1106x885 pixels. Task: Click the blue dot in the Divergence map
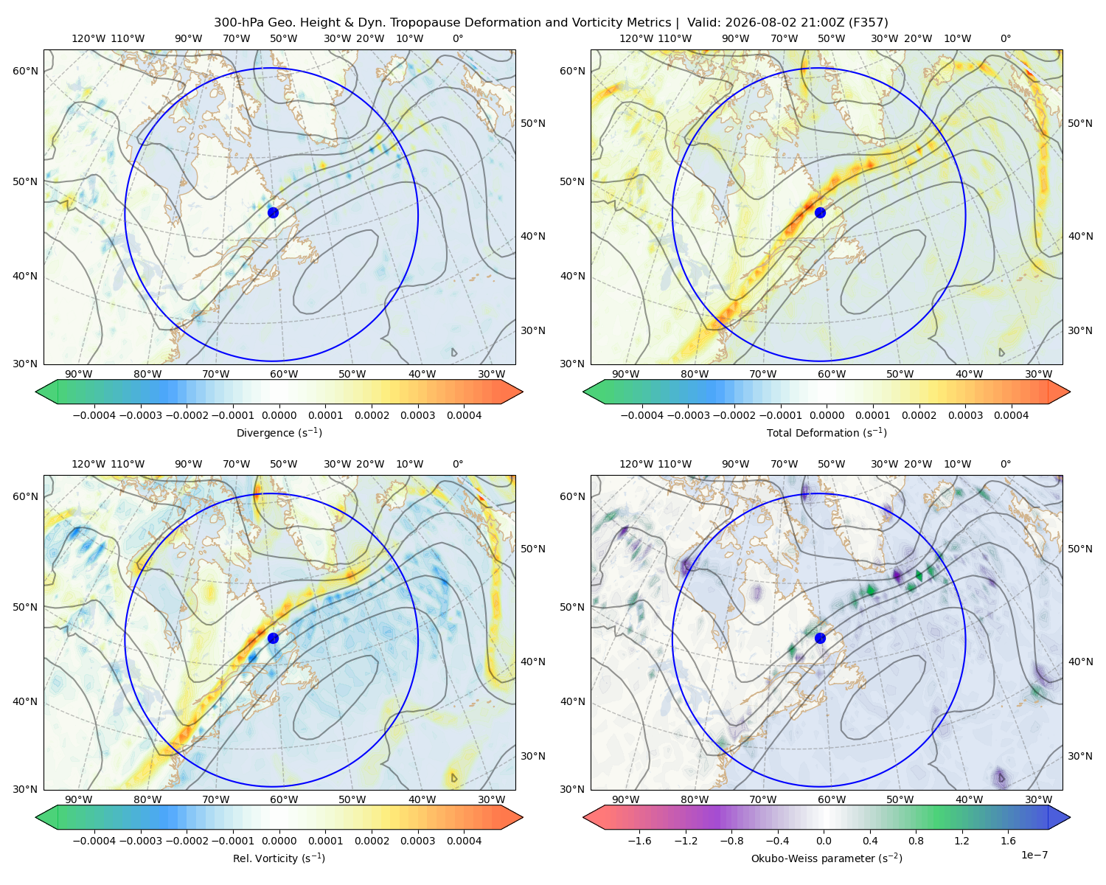273,212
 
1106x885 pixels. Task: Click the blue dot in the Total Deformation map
820,212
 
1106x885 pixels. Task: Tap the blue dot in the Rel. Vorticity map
273,638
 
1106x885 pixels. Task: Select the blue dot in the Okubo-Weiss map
820,638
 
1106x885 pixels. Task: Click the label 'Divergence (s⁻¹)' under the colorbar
279,432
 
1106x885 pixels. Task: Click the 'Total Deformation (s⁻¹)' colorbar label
827,432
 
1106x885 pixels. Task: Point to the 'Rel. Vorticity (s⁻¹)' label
279,858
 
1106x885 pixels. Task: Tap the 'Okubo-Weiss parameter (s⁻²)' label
827,858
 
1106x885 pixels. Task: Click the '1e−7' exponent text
1034,855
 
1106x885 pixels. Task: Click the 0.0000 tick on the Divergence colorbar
279,415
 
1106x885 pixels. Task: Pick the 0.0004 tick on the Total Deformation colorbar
1011,415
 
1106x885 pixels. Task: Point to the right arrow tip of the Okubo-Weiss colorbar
1070,817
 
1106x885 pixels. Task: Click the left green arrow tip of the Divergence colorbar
36,392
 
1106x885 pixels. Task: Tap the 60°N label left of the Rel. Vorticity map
25,496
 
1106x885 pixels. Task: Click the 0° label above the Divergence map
458,38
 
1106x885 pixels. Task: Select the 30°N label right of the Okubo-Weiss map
1079,755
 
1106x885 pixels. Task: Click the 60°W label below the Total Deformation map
832,374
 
